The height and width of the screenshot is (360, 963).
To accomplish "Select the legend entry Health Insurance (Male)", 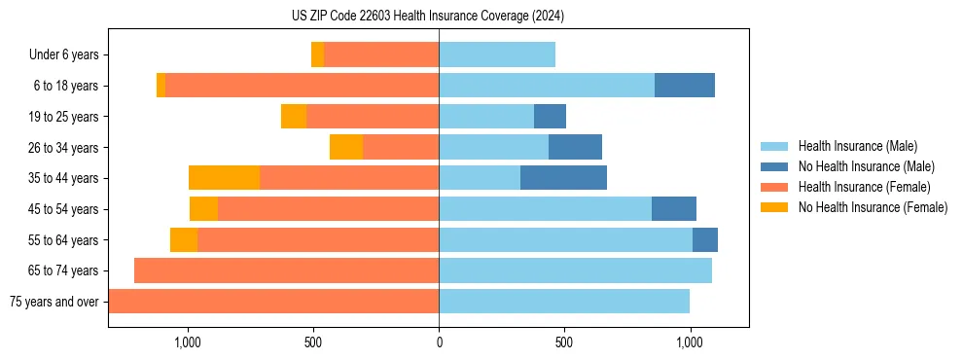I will [857, 147].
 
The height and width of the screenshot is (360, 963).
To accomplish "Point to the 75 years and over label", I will [53, 302].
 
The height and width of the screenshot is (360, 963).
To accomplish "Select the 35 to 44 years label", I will [65, 178].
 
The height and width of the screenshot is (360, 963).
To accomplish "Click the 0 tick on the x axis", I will [439, 342].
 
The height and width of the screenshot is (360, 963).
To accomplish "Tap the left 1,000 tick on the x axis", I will [187, 342].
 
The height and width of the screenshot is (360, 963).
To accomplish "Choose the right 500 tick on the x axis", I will [564, 342].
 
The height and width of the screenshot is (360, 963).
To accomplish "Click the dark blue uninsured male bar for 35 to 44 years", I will [563, 178].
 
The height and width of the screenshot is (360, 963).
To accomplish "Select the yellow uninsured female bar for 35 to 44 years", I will [224, 178].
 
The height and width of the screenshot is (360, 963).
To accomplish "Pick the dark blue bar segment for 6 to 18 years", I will [685, 86].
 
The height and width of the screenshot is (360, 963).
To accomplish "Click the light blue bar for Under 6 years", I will [497, 55].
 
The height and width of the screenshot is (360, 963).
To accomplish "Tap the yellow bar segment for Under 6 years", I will [317, 55].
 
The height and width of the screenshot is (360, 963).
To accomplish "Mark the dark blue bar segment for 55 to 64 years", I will [705, 239].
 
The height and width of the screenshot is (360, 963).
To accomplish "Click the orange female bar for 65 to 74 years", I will [286, 270].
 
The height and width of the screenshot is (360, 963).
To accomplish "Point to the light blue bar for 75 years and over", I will [564, 302].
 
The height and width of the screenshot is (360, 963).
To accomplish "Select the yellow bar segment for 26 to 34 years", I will [346, 147].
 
